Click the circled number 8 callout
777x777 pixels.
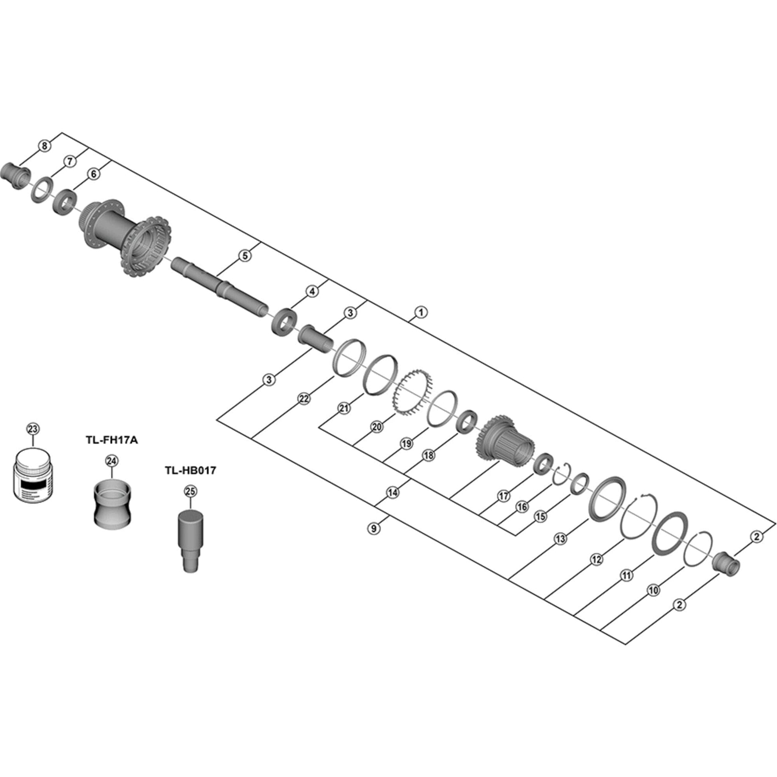pos(44,145)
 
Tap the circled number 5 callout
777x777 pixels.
pos(245,256)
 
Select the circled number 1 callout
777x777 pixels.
pos(421,312)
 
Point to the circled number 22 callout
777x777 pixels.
pos(304,398)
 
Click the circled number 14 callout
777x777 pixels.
pos(392,492)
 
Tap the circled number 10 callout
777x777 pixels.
pos(654,590)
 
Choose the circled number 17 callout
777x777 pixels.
pos(503,496)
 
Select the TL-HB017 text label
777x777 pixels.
pos(190,470)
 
